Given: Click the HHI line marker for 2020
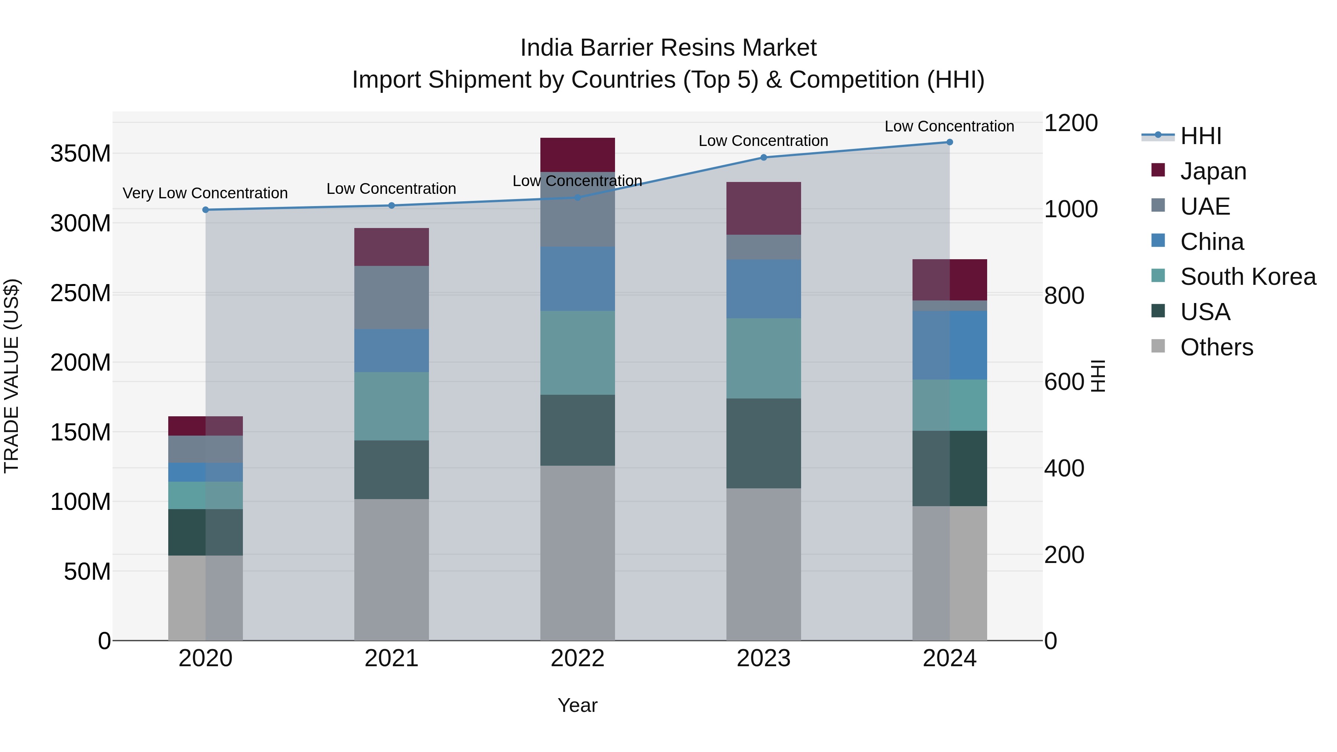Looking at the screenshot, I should (x=205, y=210).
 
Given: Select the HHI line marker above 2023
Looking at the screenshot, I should (x=764, y=157).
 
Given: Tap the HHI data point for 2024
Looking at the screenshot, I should (x=950, y=142).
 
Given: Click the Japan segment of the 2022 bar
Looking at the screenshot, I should (x=578, y=154).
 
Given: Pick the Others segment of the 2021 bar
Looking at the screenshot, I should (x=391, y=569).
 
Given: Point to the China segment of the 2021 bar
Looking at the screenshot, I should (x=391, y=350).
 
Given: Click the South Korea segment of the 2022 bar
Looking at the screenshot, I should (x=578, y=353).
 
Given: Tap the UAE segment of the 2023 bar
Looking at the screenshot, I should (x=764, y=247).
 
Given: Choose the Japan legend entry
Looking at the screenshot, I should (x=1213, y=171).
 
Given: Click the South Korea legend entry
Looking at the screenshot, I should (x=1248, y=277).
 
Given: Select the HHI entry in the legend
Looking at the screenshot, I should (x=1200, y=136).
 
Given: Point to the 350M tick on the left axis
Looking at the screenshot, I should (x=81, y=154).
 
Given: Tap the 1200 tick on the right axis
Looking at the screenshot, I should (x=1071, y=124).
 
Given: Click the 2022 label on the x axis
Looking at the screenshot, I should (x=578, y=658).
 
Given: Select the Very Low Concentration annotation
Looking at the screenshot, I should (x=205, y=193).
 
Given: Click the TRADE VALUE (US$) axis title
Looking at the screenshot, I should (x=12, y=376).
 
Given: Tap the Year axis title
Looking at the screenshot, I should (x=577, y=705).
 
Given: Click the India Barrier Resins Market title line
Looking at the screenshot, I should (x=668, y=48).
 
